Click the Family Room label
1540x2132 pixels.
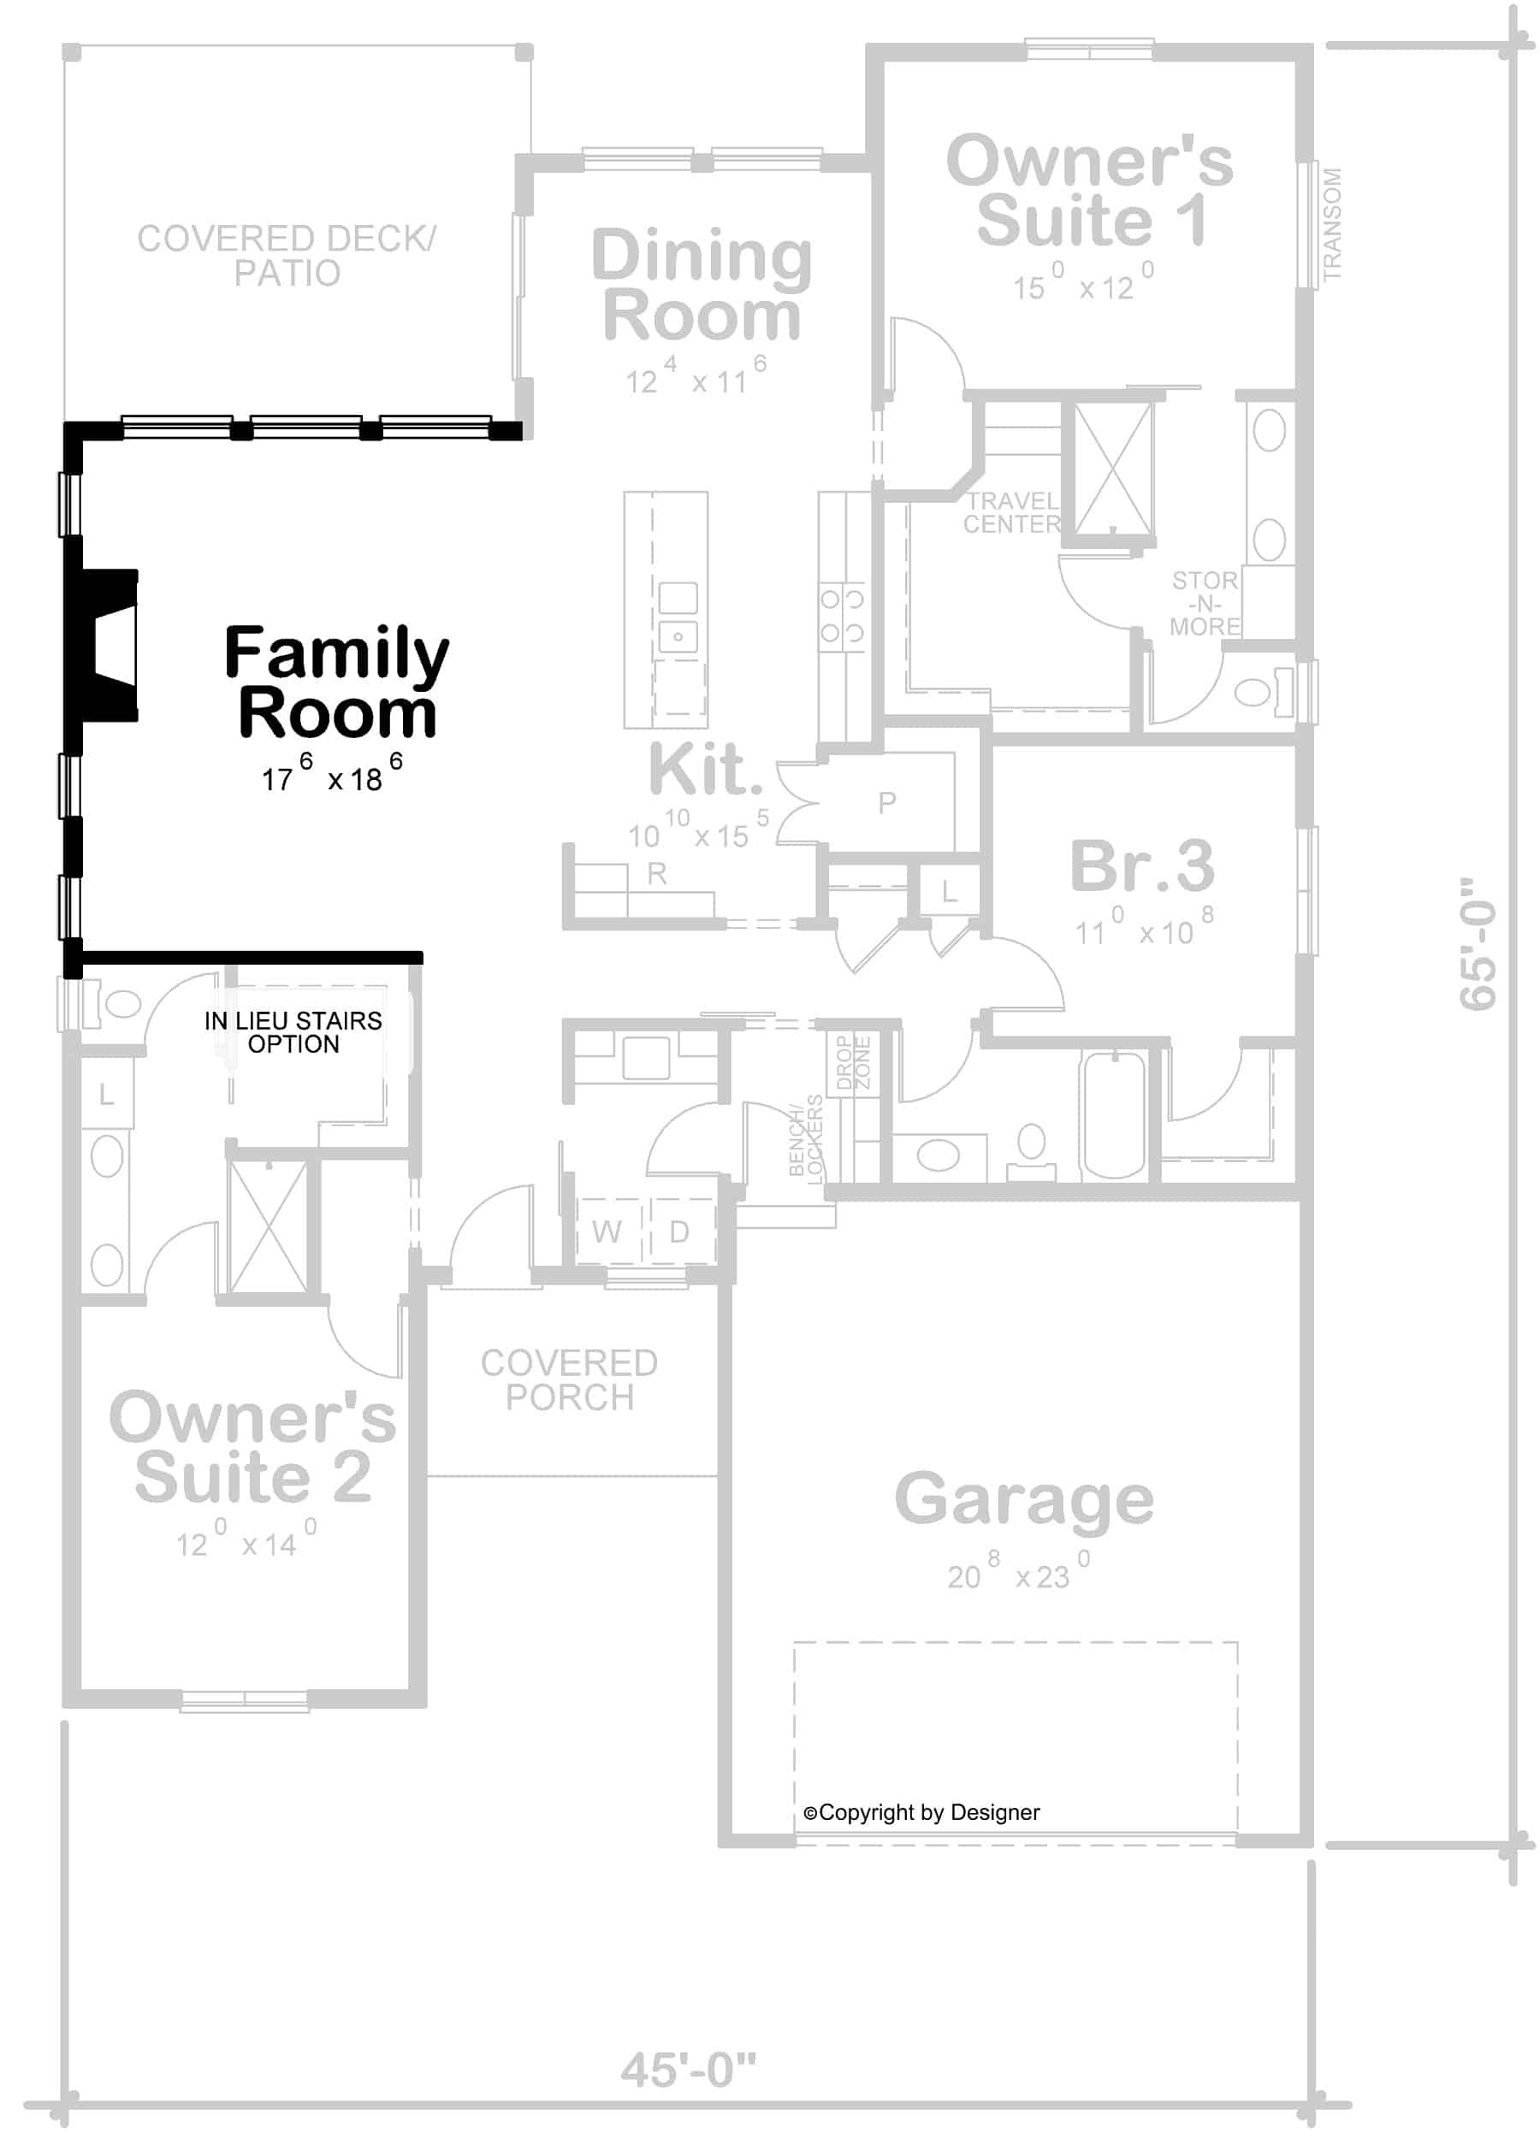[336, 683]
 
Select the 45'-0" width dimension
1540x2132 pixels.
[688, 2069]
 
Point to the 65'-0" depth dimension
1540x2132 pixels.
[1477, 944]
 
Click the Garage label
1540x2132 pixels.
[1023, 1500]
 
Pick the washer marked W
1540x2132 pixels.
[607, 1231]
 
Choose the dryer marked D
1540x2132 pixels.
[678, 1231]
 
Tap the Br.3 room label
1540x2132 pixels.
[1141, 865]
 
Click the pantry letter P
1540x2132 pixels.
[886, 802]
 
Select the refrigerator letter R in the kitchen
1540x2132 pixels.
[656, 873]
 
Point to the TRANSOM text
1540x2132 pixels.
[1331, 225]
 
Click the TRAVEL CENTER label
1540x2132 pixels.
[1011, 513]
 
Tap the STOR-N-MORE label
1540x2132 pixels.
[1205, 604]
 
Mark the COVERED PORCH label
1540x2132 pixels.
[569, 1380]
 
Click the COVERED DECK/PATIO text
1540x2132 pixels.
[286, 256]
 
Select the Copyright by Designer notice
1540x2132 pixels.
[921, 1812]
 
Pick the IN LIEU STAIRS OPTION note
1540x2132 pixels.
[293, 1032]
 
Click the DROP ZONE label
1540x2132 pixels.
[854, 1062]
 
